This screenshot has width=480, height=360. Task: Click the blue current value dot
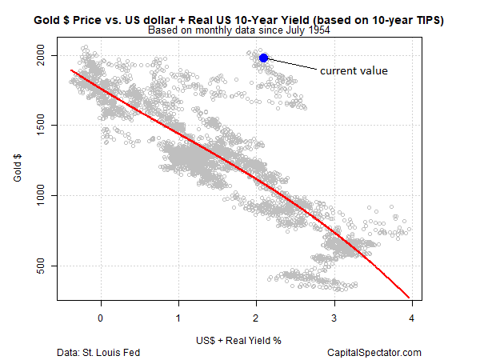pyautogui.click(x=264, y=58)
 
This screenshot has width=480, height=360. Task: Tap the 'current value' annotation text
pyautogui.click(x=354, y=71)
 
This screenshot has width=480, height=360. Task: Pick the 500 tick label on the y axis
pyautogui.click(x=46, y=266)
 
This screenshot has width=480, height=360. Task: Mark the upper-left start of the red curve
pyautogui.click(x=72, y=70)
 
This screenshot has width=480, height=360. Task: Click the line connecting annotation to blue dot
pyautogui.click(x=292, y=64)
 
